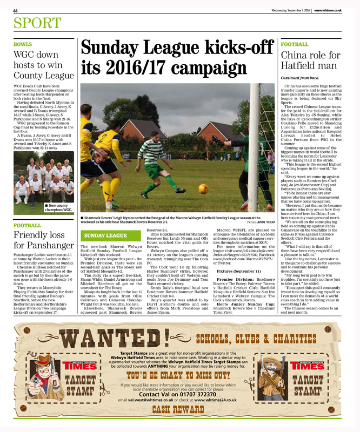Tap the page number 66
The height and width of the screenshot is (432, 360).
click(x=16, y=10)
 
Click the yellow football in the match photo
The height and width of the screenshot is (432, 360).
click(x=203, y=188)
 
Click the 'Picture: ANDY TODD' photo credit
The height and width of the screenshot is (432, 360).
click(x=260, y=222)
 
